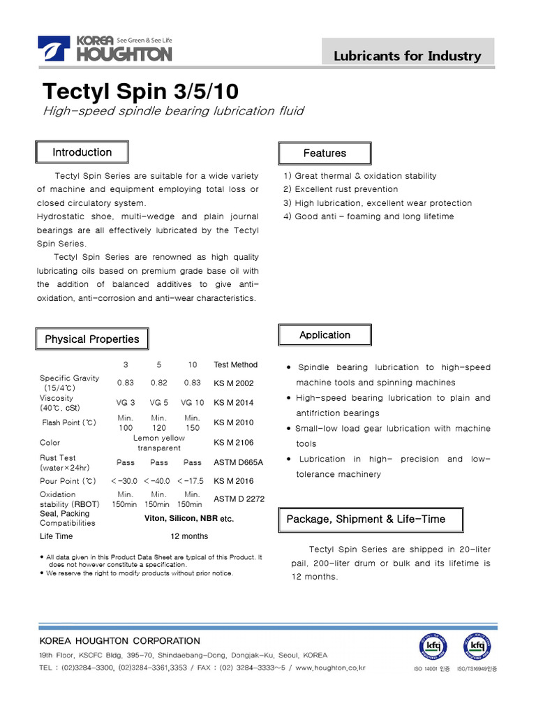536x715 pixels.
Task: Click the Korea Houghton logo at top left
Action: click(104, 50)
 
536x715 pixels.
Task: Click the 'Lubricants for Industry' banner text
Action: click(407, 56)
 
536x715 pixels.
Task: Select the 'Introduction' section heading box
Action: click(82, 152)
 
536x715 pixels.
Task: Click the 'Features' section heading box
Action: click(325, 153)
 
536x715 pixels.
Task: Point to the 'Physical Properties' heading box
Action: click(91, 339)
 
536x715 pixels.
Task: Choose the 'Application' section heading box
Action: click(325, 335)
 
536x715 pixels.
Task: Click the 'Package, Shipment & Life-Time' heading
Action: click(366, 519)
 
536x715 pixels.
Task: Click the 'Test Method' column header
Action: click(235, 364)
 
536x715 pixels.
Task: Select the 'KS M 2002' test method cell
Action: click(234, 383)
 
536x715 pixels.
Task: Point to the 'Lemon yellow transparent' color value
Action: click(159, 443)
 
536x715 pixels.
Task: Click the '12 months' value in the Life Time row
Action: click(189, 536)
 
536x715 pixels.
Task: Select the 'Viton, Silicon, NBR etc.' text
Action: click(188, 519)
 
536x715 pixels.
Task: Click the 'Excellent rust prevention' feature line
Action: click(341, 189)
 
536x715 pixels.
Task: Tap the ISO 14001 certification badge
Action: click(432, 647)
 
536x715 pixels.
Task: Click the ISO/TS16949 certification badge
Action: click(477, 647)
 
